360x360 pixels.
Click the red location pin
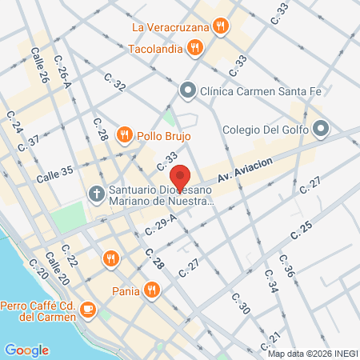tap(181, 178)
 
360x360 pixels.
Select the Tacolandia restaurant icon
tap(194, 48)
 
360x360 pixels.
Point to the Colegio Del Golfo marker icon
tap(321, 128)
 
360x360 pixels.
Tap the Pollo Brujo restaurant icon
tap(124, 134)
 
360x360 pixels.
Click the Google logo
tap(26, 350)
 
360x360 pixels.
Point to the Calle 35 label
tap(54, 171)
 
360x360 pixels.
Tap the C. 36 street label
tap(286, 270)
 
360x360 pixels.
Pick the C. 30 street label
tap(241, 304)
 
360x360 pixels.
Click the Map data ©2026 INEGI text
tap(313, 353)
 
